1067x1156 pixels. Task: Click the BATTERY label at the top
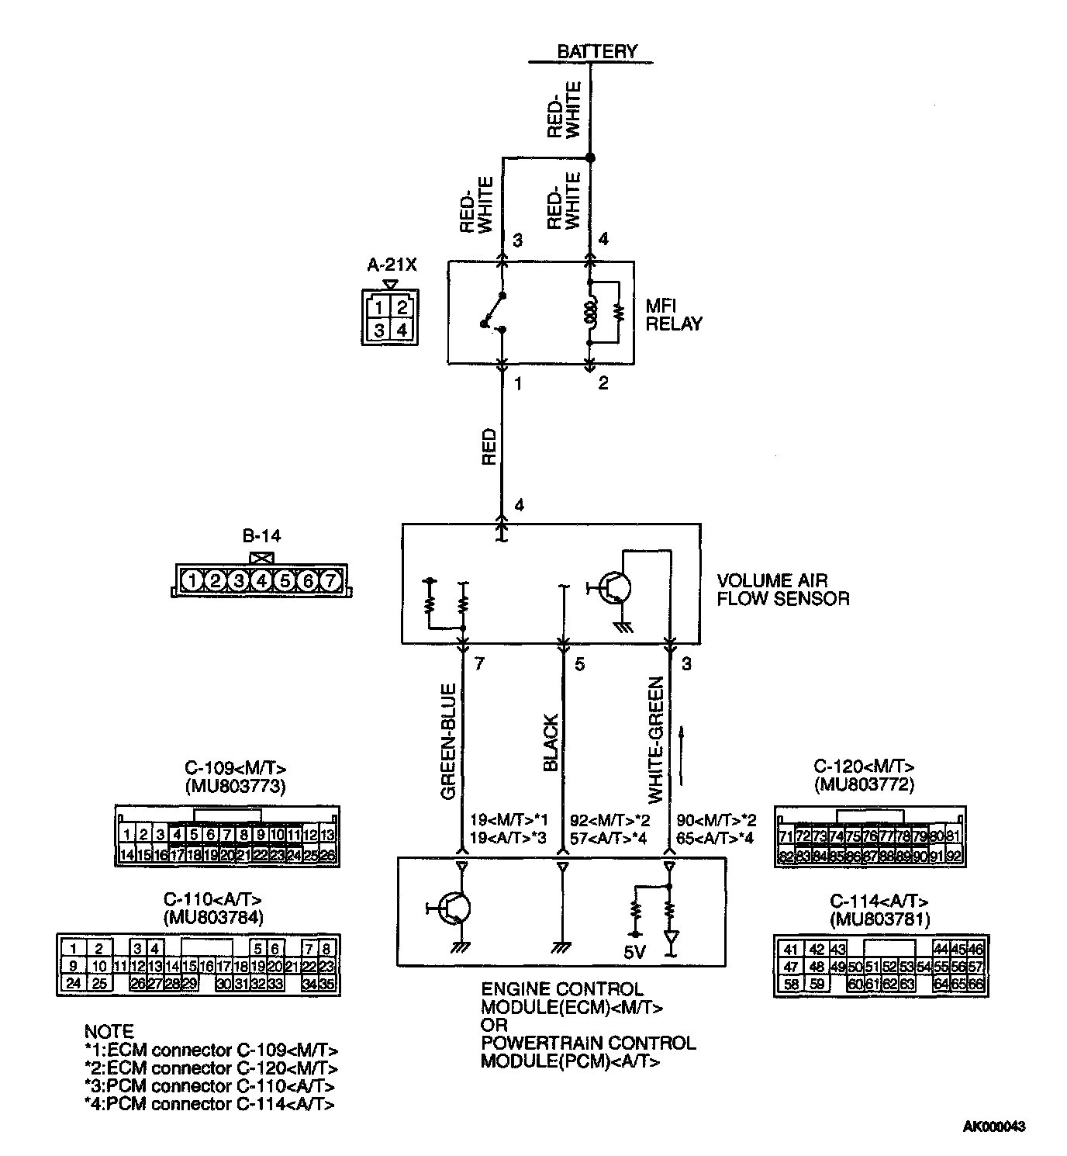pyautogui.click(x=596, y=51)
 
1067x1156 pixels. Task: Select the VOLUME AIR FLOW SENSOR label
pyautogui.click(x=782, y=590)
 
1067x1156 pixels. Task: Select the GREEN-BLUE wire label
pyautogui.click(x=447, y=742)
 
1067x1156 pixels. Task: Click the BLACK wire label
pyautogui.click(x=551, y=743)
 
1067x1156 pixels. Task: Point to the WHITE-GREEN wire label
pyautogui.click(x=656, y=740)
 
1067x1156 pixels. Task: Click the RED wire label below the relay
pyautogui.click(x=489, y=447)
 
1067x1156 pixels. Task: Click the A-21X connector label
pyautogui.click(x=392, y=265)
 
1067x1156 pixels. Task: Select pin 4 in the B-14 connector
pyautogui.click(x=262, y=580)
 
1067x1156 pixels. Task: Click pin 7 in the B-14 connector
pyautogui.click(x=330, y=580)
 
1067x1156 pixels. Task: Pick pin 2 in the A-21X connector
pyautogui.click(x=402, y=307)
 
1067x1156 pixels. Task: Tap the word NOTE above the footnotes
pyautogui.click(x=109, y=1031)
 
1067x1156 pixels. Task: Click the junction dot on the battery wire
pyautogui.click(x=589, y=157)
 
